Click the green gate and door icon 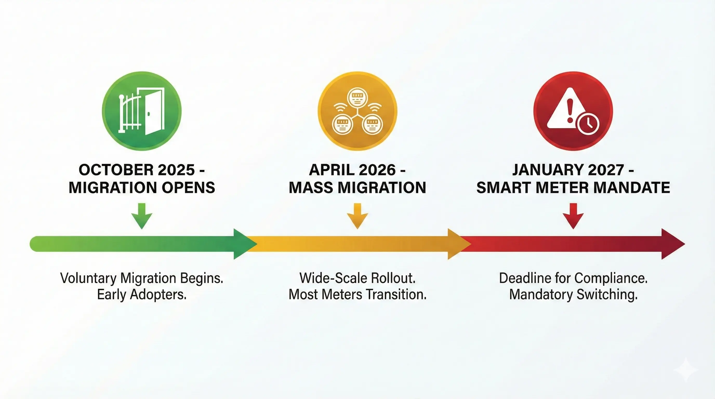point(142,111)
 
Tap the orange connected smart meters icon point(357,111)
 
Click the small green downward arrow point(142,216)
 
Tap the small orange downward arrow point(357,216)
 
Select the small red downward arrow point(573,216)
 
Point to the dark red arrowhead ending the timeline point(672,244)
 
